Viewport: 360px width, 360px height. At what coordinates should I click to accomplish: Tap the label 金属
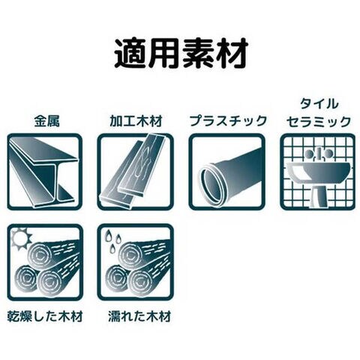(46, 121)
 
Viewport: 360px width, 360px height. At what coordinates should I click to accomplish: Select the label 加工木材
(136, 121)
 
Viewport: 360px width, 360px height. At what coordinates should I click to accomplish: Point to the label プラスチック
(228, 121)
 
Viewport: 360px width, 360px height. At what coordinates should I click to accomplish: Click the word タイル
(319, 103)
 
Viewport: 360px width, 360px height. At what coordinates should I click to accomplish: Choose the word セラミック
(319, 121)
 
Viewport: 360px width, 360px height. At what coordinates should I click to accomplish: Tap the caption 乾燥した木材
(45, 316)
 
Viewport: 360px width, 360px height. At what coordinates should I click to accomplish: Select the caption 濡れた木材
(139, 316)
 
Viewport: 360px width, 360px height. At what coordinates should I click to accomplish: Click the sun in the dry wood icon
(22, 238)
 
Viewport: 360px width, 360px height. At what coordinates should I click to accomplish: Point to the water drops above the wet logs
(112, 239)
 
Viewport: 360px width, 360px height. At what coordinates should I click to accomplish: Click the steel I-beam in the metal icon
(43, 171)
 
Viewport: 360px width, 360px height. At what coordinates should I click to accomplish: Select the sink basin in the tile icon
(318, 172)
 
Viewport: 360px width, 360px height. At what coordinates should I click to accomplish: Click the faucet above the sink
(318, 153)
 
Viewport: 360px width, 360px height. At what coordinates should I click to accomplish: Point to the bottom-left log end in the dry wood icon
(27, 278)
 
